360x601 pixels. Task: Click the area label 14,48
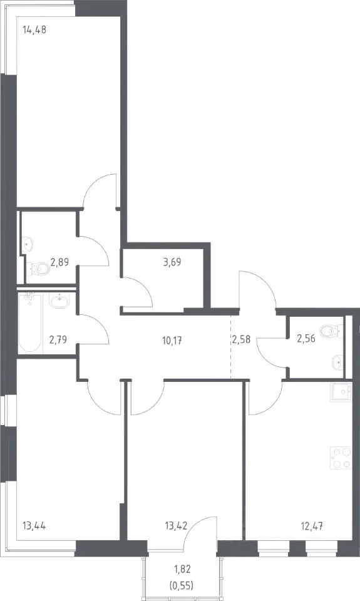pos(34,29)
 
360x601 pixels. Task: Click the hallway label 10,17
pos(172,340)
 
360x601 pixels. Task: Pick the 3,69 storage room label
pos(172,262)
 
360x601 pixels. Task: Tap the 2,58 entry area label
pos(241,339)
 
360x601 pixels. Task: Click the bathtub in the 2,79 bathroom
pos(29,323)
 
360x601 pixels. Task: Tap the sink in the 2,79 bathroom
pos(59,301)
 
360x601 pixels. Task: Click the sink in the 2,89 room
pos(28,243)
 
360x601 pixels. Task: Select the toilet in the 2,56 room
pos(332,331)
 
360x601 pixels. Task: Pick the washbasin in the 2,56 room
pos(337,361)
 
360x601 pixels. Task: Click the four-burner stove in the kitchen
pos(341,457)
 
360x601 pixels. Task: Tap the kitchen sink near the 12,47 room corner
pos(341,392)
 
